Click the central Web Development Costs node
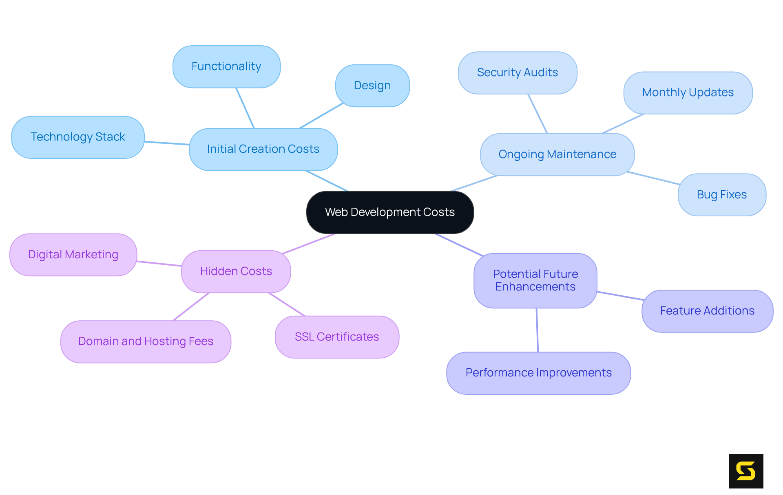(x=390, y=212)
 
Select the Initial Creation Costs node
(x=263, y=149)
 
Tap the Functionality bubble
(x=226, y=66)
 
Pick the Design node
(x=372, y=86)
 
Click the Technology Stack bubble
(x=77, y=137)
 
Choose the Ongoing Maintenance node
(x=557, y=154)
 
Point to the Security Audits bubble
(x=518, y=73)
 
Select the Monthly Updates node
(x=688, y=93)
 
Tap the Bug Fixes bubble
(x=722, y=195)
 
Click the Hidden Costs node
(x=236, y=271)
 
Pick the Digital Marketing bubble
(x=73, y=255)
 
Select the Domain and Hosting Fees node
(x=146, y=341)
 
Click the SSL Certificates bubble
(x=337, y=337)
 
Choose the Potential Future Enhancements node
(x=535, y=280)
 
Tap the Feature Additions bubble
(x=707, y=311)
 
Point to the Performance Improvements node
(x=538, y=373)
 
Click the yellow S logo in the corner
(x=746, y=471)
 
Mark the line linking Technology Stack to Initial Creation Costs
(x=167, y=143)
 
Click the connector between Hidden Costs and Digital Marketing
(x=159, y=264)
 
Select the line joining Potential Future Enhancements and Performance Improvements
(x=537, y=330)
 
